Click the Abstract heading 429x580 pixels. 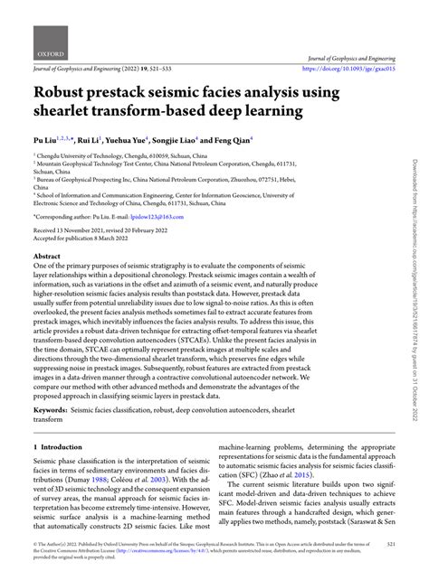(48, 257)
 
